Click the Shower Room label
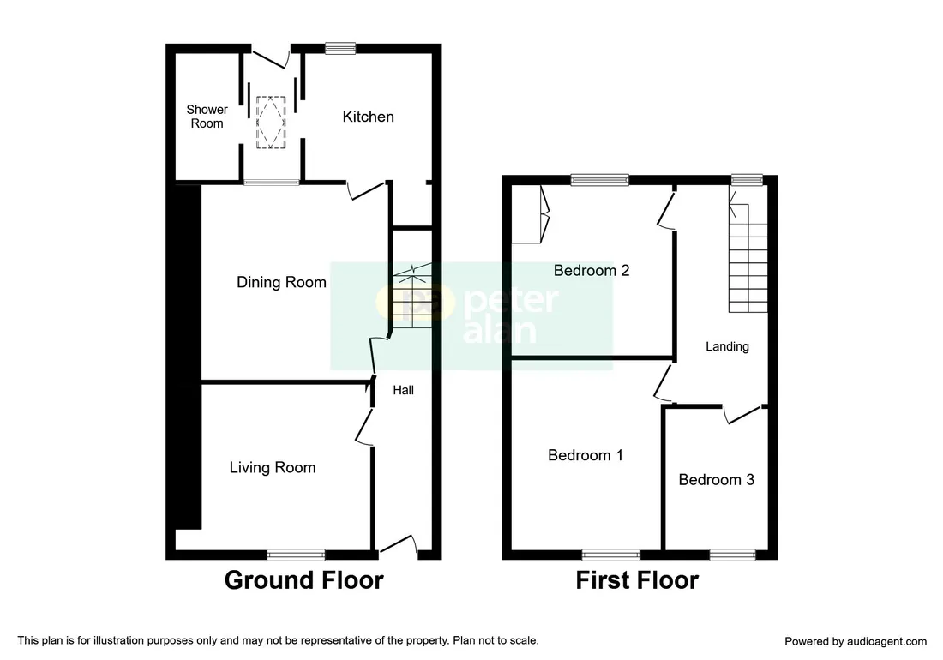point(207,117)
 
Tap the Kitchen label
point(368,117)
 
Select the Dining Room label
point(281,283)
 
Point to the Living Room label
point(273,468)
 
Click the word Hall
point(404,390)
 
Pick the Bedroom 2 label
point(592,271)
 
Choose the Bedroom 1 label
point(586,455)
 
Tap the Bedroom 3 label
point(717,480)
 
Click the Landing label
point(727,347)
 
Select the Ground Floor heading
point(303,580)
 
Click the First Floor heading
point(637,580)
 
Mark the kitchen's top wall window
point(340,48)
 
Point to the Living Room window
point(296,555)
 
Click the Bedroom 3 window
point(732,555)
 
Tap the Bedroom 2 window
point(599,180)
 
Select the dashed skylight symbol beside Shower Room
point(271,122)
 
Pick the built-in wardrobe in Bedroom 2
point(531,213)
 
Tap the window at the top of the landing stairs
point(747,180)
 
